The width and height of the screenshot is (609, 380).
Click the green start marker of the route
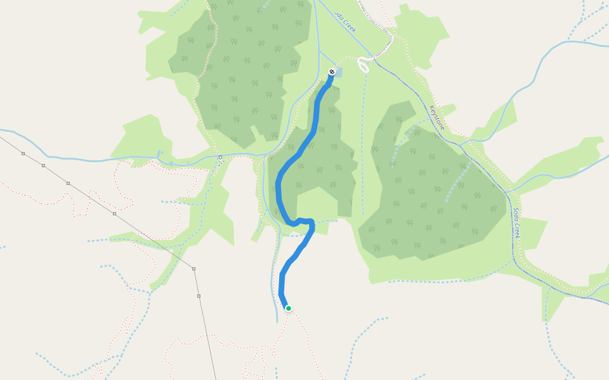point(289,308)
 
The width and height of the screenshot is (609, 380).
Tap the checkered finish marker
point(332,72)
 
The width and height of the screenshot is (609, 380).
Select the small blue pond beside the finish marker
point(338,73)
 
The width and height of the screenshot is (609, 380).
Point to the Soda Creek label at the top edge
point(346,23)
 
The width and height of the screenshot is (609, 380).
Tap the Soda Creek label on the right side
point(518,222)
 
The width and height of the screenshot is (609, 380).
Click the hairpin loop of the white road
point(363,64)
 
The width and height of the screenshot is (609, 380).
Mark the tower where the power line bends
point(193,269)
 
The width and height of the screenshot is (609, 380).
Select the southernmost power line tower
point(199,296)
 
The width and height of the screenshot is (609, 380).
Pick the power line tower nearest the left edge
point(23,153)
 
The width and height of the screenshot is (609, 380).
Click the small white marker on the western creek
point(220,157)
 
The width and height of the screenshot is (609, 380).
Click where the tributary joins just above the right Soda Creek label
point(507,192)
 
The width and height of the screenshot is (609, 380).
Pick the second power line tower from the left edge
point(43,165)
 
